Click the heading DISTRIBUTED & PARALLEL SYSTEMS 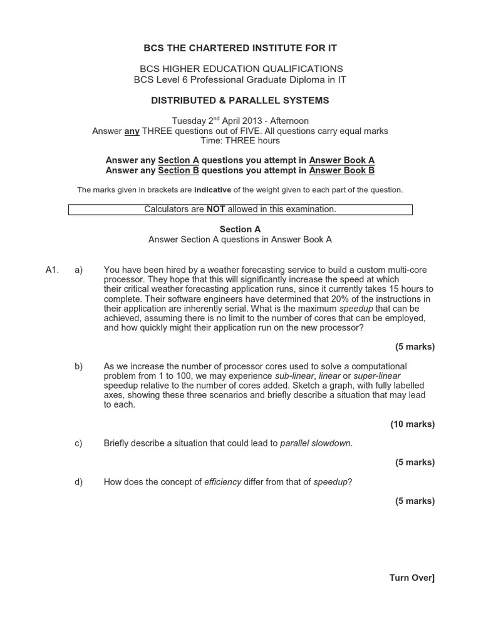click(240, 100)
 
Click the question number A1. click(53, 270)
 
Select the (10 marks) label click(412, 424)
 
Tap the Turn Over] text click(411, 578)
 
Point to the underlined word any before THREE click(132, 131)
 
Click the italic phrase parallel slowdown click(316, 443)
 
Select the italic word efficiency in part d click(222, 481)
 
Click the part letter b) click(78, 366)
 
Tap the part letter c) click(78, 443)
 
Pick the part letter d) click(78, 481)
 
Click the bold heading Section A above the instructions click(240, 230)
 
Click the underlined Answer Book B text click(342, 170)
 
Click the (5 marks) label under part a click(415, 347)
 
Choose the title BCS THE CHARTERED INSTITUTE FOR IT click(240, 48)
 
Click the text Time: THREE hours click(240, 141)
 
